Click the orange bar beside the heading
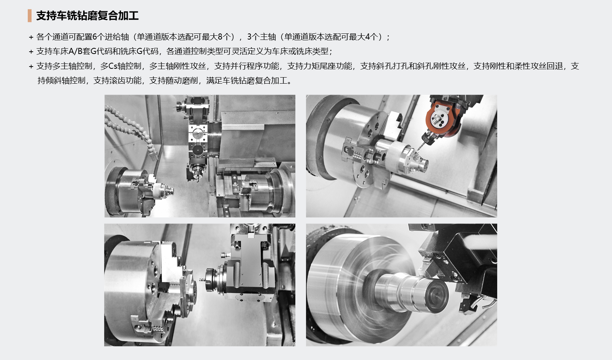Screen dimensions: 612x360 pyautogui.click(x=30, y=16)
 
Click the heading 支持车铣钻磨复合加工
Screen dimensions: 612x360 pyautogui.click(x=87, y=16)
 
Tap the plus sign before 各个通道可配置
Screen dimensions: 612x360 pyautogui.click(x=31, y=37)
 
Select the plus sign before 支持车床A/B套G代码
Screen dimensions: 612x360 pyautogui.click(x=31, y=52)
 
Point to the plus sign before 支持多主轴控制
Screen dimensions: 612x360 pyautogui.click(x=31, y=67)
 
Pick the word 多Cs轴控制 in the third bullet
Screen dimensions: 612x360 pyautogui.click(x=121, y=66)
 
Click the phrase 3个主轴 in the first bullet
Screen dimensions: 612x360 pyautogui.click(x=263, y=36)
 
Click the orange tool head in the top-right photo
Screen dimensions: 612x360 pyautogui.click(x=442, y=119)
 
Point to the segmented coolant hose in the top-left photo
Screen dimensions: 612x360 pyautogui.click(x=128, y=128)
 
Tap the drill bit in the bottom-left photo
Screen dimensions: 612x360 pyautogui.click(x=203, y=280)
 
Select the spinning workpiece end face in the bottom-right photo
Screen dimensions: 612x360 pyautogui.click(x=437, y=297)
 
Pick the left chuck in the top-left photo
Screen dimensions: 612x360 pyautogui.click(x=128, y=191)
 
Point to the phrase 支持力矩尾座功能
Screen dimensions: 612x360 pyautogui.click(x=319, y=66)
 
